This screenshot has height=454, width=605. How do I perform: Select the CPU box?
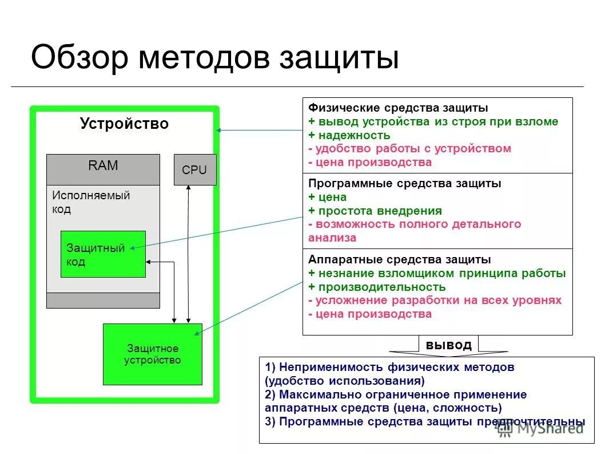pyautogui.click(x=194, y=169)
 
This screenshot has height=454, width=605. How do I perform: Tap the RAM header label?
pyautogui.click(x=103, y=166)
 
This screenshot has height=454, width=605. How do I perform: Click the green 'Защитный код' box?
pyautogui.click(x=103, y=254)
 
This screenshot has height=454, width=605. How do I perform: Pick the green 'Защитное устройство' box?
pyautogui.click(x=152, y=354)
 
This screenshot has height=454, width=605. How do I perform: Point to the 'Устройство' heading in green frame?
pyautogui.click(x=124, y=124)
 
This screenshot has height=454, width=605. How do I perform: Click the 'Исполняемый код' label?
pyautogui.click(x=91, y=202)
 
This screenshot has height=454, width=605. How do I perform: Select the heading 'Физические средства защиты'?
pyautogui.click(x=398, y=108)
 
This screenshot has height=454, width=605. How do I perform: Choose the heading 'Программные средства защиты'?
pyautogui.click(x=404, y=184)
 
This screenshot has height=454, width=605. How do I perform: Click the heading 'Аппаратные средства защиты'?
pyautogui.click(x=399, y=259)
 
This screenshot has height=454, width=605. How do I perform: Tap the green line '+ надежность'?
pyautogui.click(x=349, y=135)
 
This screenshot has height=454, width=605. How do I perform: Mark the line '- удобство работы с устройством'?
pyautogui.click(x=409, y=149)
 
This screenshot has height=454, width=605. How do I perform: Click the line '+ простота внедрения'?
pyautogui.click(x=375, y=211)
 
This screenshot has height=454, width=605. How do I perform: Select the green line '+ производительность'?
pyautogui.click(x=376, y=287)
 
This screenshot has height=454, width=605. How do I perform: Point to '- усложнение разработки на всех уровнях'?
pyautogui.click(x=435, y=301)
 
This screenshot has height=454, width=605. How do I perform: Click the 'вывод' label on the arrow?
pyautogui.click(x=449, y=345)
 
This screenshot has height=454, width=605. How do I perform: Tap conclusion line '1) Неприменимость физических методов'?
pyautogui.click(x=389, y=367)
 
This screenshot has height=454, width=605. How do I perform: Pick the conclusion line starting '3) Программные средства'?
pyautogui.click(x=425, y=421)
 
